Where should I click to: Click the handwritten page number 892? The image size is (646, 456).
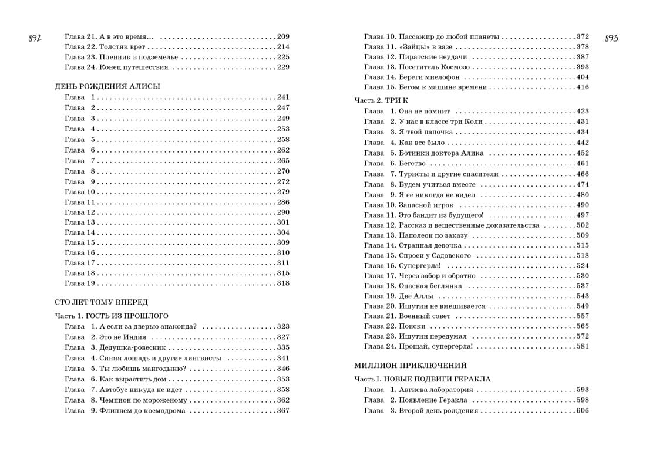(x=36, y=39)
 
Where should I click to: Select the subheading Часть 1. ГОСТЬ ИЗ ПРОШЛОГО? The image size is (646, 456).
(x=112, y=316)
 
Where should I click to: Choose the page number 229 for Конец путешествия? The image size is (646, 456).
(x=283, y=67)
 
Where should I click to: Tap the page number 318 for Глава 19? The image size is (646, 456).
(x=283, y=283)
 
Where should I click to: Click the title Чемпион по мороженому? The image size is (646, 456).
(x=143, y=400)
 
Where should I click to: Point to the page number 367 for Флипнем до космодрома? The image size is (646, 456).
(x=283, y=411)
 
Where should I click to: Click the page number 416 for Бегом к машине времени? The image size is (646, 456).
(x=582, y=87)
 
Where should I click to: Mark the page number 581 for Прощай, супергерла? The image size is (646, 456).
(x=582, y=347)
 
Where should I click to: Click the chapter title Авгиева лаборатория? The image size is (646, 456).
(x=436, y=390)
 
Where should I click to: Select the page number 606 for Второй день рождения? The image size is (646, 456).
(x=582, y=411)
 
